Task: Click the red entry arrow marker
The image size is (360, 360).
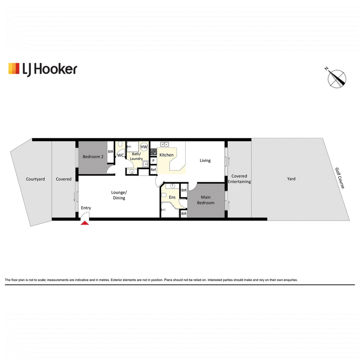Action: tap(85, 223)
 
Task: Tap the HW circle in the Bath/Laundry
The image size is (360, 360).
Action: tap(144, 147)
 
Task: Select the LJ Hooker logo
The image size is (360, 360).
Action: tap(43, 69)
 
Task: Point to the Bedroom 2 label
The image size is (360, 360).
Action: tap(93, 157)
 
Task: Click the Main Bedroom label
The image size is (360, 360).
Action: tap(206, 200)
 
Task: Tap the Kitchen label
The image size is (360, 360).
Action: tap(166, 155)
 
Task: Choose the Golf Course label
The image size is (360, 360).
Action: tap(340, 178)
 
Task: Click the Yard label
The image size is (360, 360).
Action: tap(291, 179)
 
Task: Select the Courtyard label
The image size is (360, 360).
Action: tap(36, 179)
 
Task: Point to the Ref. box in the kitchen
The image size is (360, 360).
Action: tap(153, 170)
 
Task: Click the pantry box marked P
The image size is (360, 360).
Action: tap(153, 161)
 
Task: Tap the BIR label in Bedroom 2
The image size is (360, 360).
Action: tap(110, 152)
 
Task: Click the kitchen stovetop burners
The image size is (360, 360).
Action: tap(153, 152)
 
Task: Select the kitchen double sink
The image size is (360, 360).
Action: tap(164, 144)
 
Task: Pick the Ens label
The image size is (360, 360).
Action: tap(172, 197)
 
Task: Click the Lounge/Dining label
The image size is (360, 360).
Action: tap(119, 195)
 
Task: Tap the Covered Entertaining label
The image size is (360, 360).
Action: tap(239, 179)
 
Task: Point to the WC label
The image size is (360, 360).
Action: tap(121, 155)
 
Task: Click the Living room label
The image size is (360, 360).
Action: tap(205, 161)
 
